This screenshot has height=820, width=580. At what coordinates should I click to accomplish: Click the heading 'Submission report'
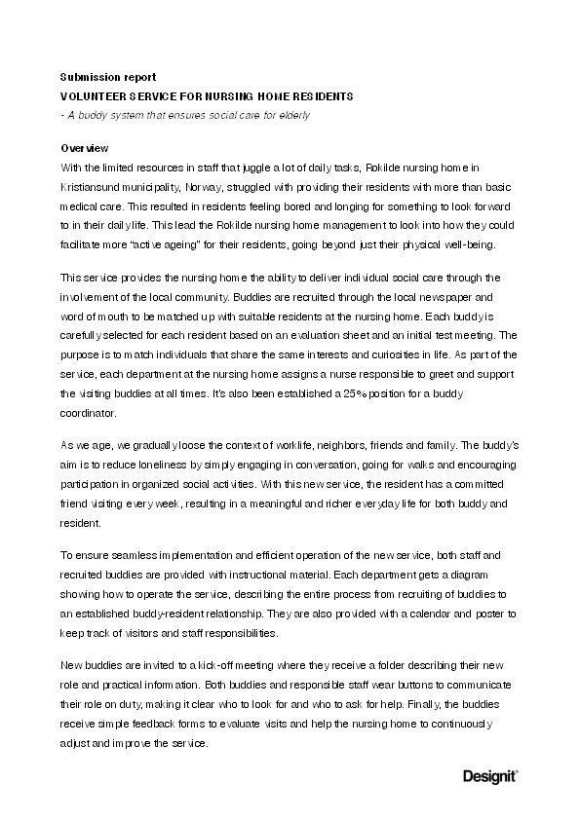[x=107, y=76]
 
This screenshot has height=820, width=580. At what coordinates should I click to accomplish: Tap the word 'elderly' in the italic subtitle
[x=293, y=116]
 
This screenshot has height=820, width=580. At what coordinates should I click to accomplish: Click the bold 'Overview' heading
[x=84, y=148]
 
